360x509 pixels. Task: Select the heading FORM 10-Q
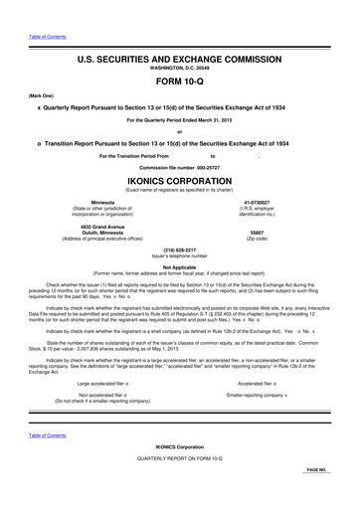(x=180, y=82)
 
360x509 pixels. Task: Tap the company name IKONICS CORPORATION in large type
(x=180, y=184)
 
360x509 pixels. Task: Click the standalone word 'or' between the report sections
(x=180, y=133)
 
